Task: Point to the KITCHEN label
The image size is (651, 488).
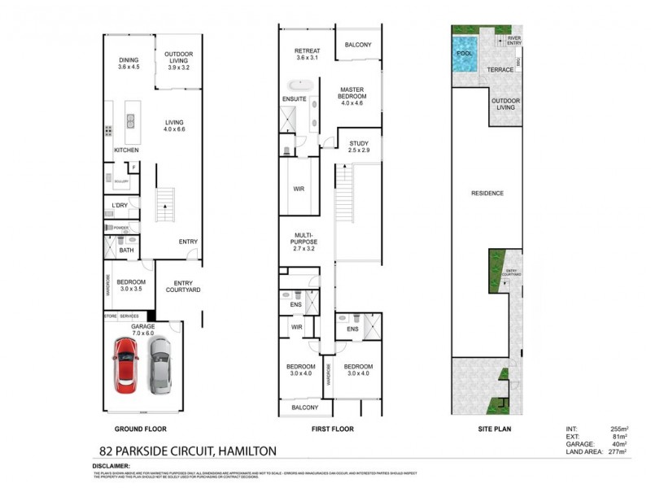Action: click(x=125, y=150)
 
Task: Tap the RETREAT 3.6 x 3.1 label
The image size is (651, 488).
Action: click(x=307, y=54)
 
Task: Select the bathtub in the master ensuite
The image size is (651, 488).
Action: click(x=300, y=84)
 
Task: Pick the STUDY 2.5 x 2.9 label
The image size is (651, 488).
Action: click(x=358, y=147)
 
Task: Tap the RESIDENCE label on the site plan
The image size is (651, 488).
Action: click(x=487, y=194)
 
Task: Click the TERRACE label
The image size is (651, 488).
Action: click(x=500, y=70)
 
